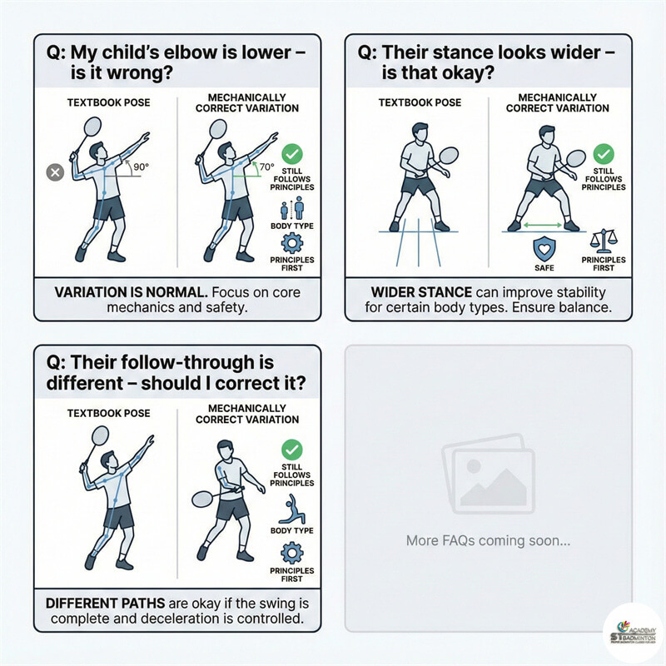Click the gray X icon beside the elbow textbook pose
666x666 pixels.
[55, 172]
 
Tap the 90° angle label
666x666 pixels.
[141, 166]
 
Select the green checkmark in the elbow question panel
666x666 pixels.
[292, 153]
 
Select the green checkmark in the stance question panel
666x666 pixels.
[605, 153]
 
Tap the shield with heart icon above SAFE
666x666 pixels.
[543, 248]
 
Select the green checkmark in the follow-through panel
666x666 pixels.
[292, 449]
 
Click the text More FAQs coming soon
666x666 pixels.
[488, 540]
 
